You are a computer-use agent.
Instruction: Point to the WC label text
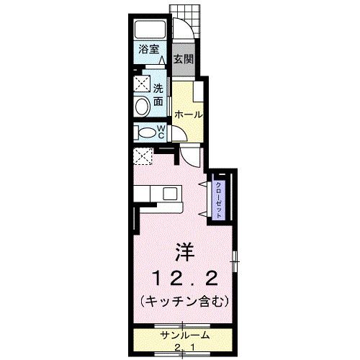(x=163, y=132)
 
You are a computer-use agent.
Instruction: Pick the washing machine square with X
(x=142, y=86)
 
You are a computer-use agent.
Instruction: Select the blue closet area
(x=218, y=197)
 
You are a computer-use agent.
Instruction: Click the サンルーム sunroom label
(x=184, y=336)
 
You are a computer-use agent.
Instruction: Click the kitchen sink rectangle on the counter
(x=169, y=193)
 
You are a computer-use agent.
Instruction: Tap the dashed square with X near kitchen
(x=143, y=156)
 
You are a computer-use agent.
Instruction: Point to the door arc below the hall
(x=190, y=153)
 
